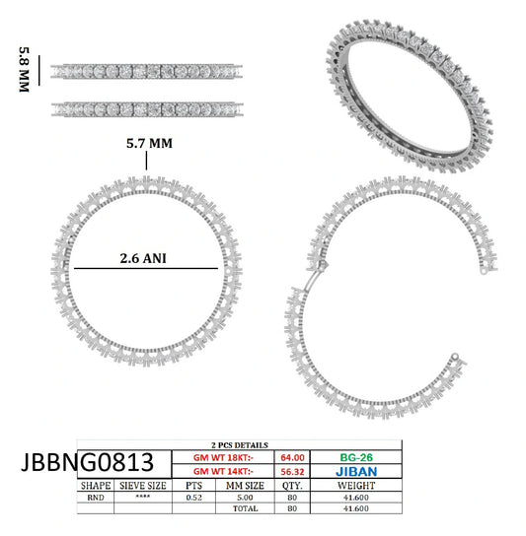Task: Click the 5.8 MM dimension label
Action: pos(24,69)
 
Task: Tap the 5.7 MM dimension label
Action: pos(149,143)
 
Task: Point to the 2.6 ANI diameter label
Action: pos(143,258)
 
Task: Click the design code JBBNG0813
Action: pos(87,462)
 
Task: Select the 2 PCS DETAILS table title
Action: pos(240,445)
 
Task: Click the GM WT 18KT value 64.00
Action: pos(292,458)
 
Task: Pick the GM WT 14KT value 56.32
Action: pos(292,472)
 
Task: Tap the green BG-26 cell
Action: pos(356,457)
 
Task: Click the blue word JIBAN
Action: pos(356,472)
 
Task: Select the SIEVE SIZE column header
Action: pos(143,486)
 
